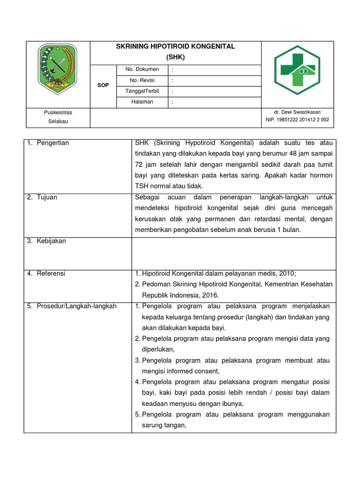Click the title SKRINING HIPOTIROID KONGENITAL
click(176, 47)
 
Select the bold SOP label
click(103, 85)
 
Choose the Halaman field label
click(142, 102)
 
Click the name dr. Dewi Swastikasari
click(297, 112)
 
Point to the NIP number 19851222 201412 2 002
click(297, 120)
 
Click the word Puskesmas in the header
click(58, 112)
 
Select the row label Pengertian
click(52, 143)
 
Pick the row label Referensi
click(51, 273)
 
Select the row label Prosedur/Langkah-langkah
click(76, 306)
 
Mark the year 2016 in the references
click(210, 295)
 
